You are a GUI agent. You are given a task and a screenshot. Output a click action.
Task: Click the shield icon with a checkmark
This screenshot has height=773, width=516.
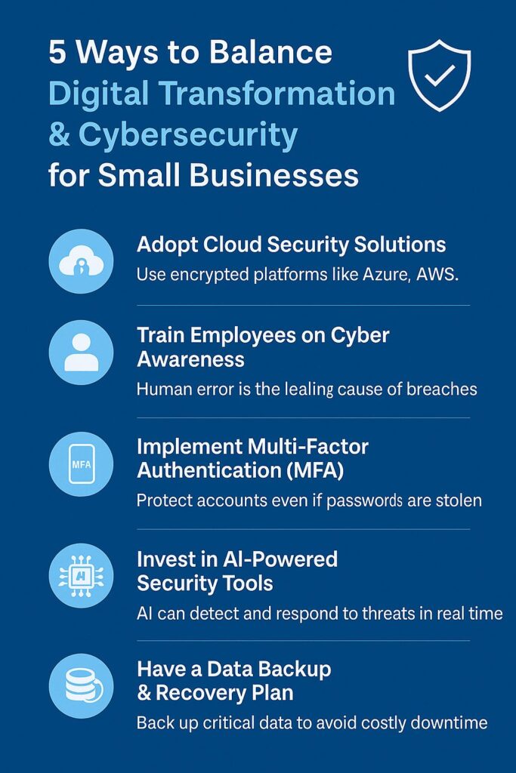point(439,75)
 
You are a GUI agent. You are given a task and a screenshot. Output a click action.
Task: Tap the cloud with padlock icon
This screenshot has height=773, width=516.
point(82,262)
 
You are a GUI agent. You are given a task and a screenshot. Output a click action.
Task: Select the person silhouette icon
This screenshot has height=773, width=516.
point(82,352)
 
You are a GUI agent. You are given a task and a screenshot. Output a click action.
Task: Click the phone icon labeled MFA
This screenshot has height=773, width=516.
point(82,464)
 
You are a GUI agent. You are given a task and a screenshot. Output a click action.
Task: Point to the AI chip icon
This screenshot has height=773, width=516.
point(82,575)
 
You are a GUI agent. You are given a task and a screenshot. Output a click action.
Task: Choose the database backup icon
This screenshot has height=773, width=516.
point(83,685)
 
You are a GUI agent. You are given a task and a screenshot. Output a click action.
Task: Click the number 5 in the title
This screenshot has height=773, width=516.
point(57,53)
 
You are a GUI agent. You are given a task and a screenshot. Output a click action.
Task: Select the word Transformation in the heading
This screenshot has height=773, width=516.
point(277,93)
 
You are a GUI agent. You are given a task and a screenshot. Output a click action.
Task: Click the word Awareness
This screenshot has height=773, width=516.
point(191,359)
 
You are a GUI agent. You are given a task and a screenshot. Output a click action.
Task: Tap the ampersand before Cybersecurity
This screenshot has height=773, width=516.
point(59,134)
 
